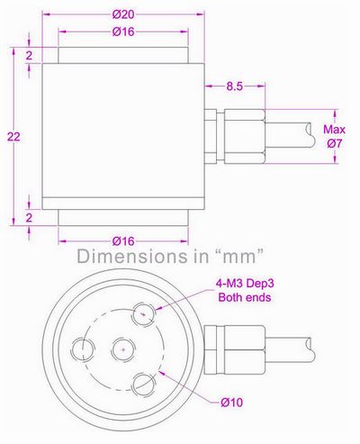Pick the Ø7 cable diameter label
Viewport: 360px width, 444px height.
pos(333,144)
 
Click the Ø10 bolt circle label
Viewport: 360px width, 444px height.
pos(233,402)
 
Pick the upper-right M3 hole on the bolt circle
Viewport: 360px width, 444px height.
pos(142,315)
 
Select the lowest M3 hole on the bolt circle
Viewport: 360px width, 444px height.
pos(142,383)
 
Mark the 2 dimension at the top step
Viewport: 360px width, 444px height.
pos(31,56)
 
